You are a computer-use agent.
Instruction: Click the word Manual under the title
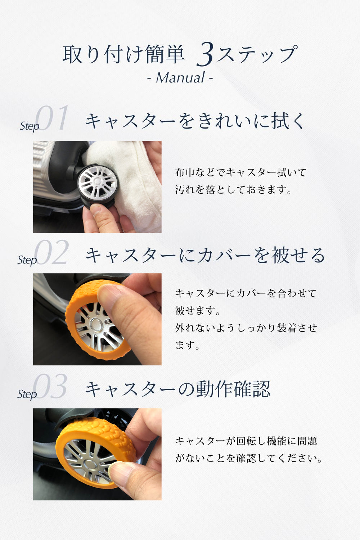pyautogui.click(x=180, y=78)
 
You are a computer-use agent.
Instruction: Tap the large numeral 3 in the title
pyautogui.click(x=205, y=54)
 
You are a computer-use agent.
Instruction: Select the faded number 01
pyautogui.click(x=51, y=118)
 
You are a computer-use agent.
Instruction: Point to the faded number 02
pyautogui.click(x=51, y=252)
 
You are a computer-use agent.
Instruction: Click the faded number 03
pyautogui.click(x=50, y=386)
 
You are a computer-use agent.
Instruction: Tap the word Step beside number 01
pyautogui.click(x=30, y=126)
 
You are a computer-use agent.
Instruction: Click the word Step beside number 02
pyautogui.click(x=27, y=260)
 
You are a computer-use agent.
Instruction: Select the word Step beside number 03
pyautogui.click(x=27, y=395)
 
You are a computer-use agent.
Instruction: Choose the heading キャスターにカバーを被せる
pyautogui.click(x=205, y=255)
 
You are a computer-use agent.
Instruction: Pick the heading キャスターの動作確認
pyautogui.click(x=178, y=389)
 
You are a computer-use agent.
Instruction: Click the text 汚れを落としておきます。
pyautogui.click(x=233, y=190)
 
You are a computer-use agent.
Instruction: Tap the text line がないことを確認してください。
pyautogui.click(x=249, y=458)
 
